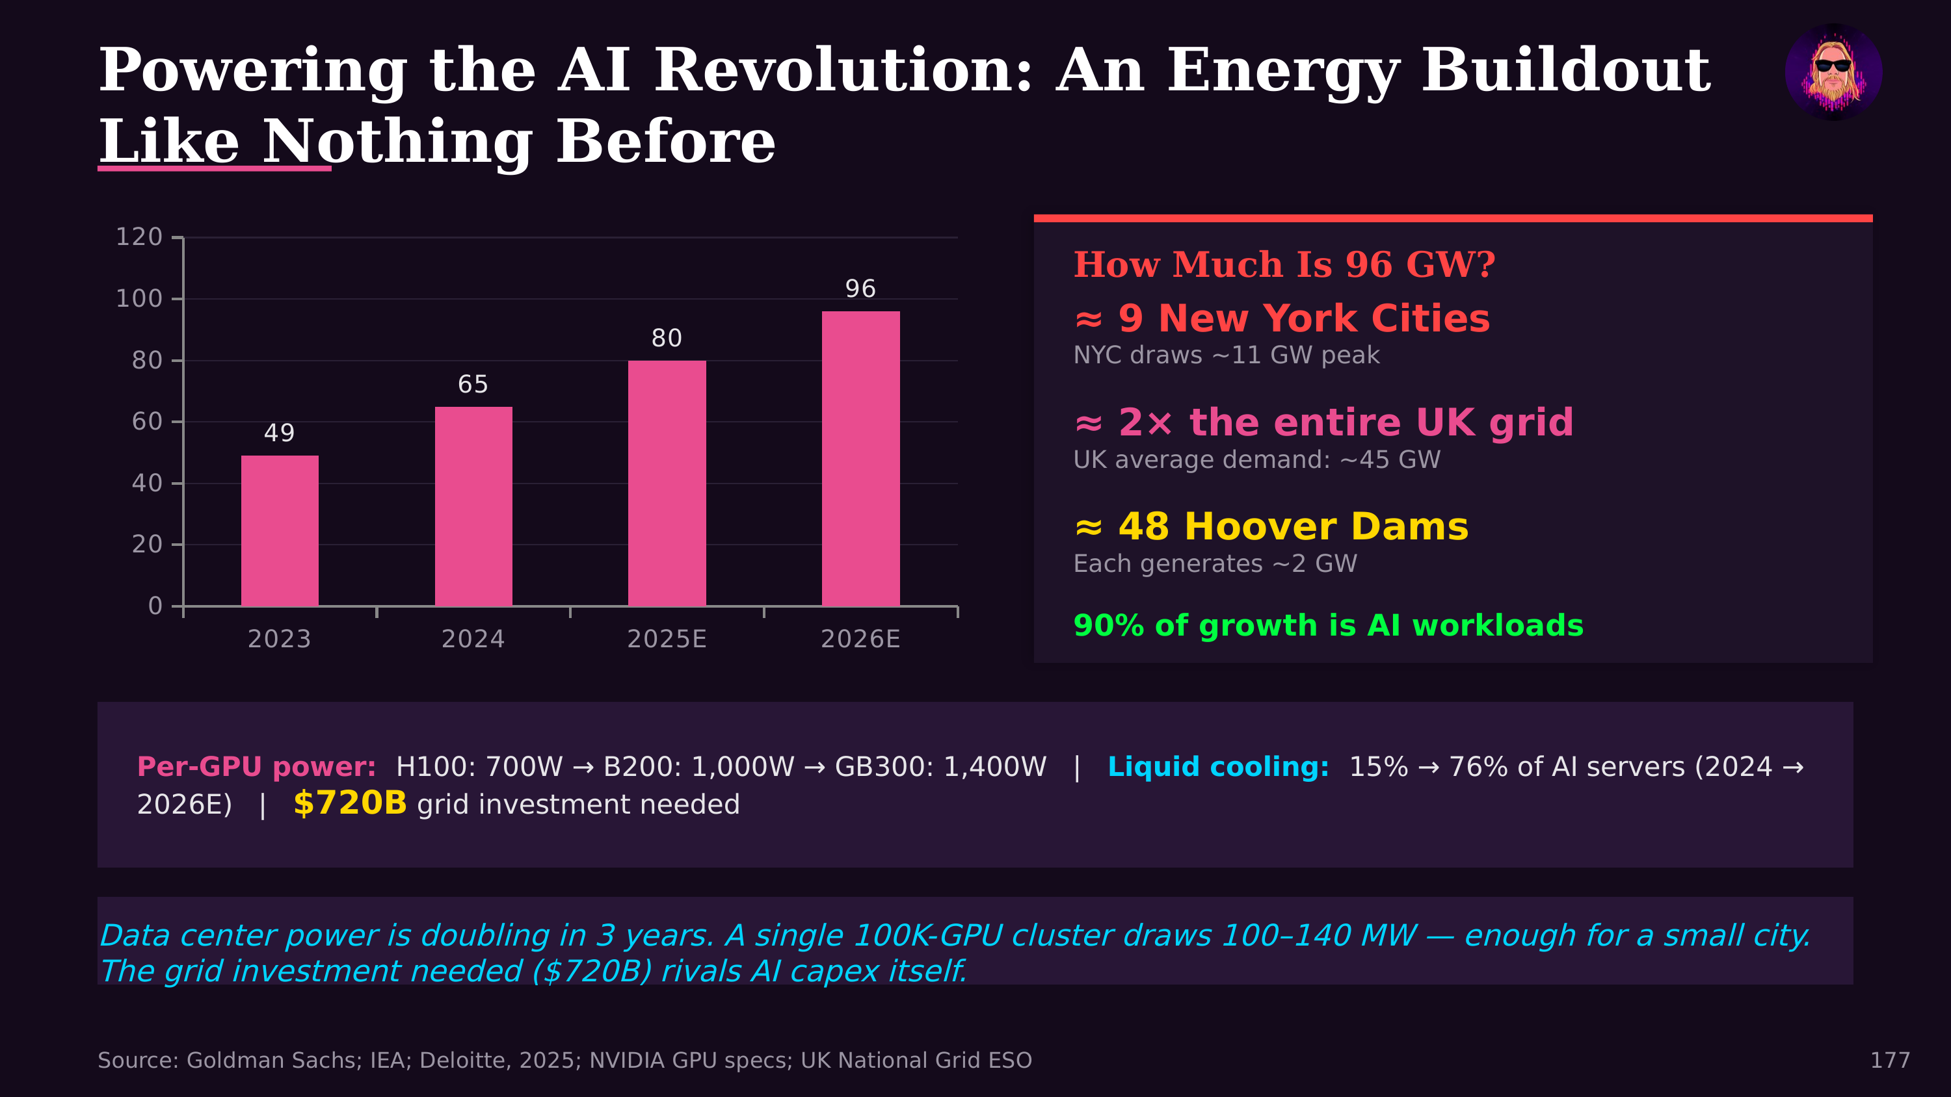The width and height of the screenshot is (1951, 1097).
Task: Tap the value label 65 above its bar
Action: click(x=473, y=385)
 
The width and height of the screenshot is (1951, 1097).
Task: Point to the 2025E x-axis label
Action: click(x=667, y=639)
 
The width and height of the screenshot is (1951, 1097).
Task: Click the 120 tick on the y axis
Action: click(x=139, y=237)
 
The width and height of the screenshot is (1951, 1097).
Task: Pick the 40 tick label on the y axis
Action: click(x=147, y=483)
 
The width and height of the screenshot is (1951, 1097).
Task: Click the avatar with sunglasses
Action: click(x=1833, y=72)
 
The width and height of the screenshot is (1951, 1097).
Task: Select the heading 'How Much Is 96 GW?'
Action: click(x=1284, y=265)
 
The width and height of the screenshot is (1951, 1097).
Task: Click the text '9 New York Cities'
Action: click(x=1303, y=318)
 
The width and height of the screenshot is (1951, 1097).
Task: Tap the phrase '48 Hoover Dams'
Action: click(x=1293, y=527)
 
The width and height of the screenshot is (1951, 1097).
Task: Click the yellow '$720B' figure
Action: click(x=350, y=803)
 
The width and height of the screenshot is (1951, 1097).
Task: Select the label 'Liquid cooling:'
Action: click(x=1218, y=767)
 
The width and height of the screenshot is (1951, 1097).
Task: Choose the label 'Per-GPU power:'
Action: click(x=256, y=767)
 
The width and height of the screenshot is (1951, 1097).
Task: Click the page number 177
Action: click(x=1890, y=1060)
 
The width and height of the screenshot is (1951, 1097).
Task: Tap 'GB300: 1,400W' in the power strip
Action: click(x=940, y=767)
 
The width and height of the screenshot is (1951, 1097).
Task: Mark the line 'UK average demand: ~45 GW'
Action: click(x=1256, y=459)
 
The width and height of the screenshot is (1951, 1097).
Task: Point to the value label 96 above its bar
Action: click(x=860, y=289)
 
